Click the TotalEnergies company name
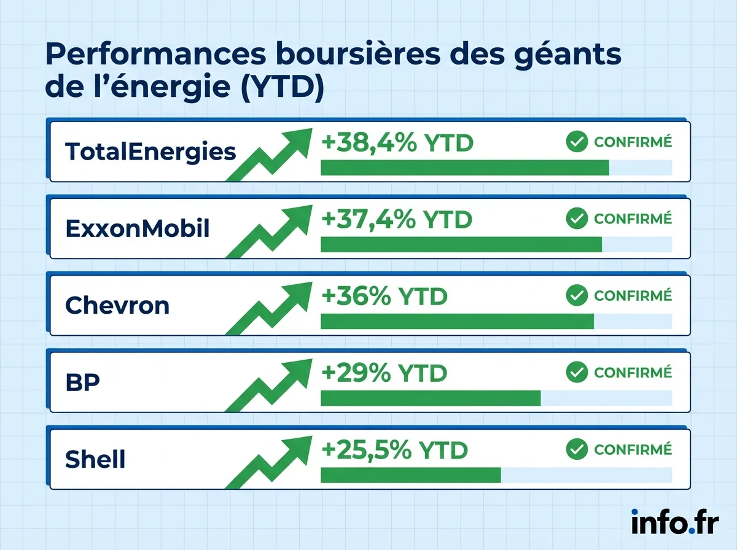point(150,151)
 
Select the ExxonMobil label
point(138,228)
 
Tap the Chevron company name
point(117,305)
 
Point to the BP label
point(82,382)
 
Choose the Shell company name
point(95,459)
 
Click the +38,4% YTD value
point(397,143)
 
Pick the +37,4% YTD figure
point(396,219)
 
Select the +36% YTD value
point(384,296)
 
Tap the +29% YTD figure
point(384,373)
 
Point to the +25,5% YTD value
point(394,450)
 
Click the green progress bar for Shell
point(410,475)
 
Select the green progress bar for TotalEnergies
point(464,168)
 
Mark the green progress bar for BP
point(430,398)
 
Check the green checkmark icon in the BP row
point(577,372)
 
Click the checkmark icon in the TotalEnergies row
point(577,142)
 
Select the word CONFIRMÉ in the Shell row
point(633,449)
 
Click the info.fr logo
point(674,522)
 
